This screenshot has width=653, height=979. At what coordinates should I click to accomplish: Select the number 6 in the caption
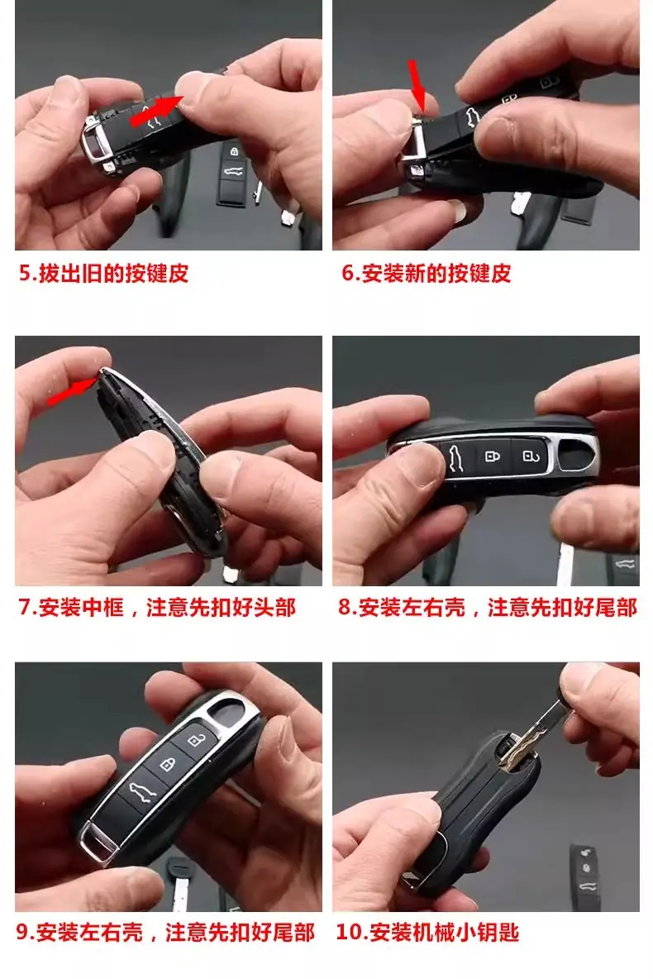pos(348,273)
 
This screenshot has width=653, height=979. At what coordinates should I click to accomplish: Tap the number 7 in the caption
pos(25,607)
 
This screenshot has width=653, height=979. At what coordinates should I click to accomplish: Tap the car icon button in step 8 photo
pos(457,461)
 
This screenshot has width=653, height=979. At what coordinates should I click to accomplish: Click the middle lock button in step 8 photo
pos(493,456)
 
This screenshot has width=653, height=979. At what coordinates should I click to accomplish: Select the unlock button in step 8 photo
pos(529,456)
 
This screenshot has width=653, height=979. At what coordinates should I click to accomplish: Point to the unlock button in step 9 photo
pos(197,739)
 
